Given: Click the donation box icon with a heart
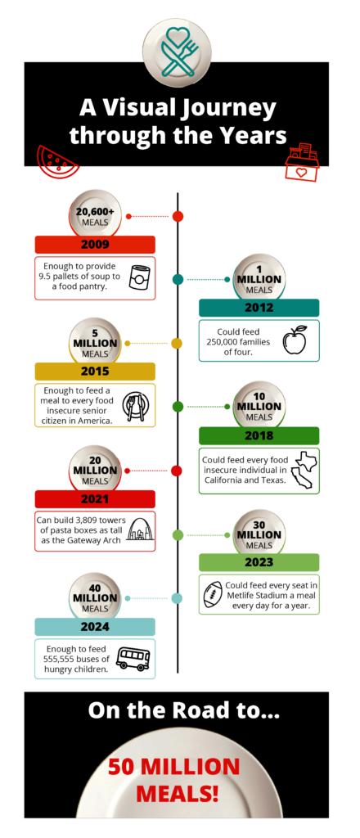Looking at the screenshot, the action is click(302, 163).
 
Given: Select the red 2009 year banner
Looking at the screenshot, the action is click(95, 245).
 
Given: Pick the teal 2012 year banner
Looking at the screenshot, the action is click(259, 308).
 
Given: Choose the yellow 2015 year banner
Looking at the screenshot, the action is click(95, 372).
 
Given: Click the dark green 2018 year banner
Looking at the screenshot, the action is click(259, 435).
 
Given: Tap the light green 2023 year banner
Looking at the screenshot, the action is click(259, 562).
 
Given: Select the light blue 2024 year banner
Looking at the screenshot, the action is click(95, 627).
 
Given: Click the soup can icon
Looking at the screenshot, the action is click(137, 278).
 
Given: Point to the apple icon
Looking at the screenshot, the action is click(295, 340).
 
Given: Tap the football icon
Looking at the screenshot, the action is click(212, 595).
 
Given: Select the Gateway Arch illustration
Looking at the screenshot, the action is click(137, 532).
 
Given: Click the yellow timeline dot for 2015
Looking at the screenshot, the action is click(177, 344).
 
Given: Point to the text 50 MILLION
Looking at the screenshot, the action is click(174, 767).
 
